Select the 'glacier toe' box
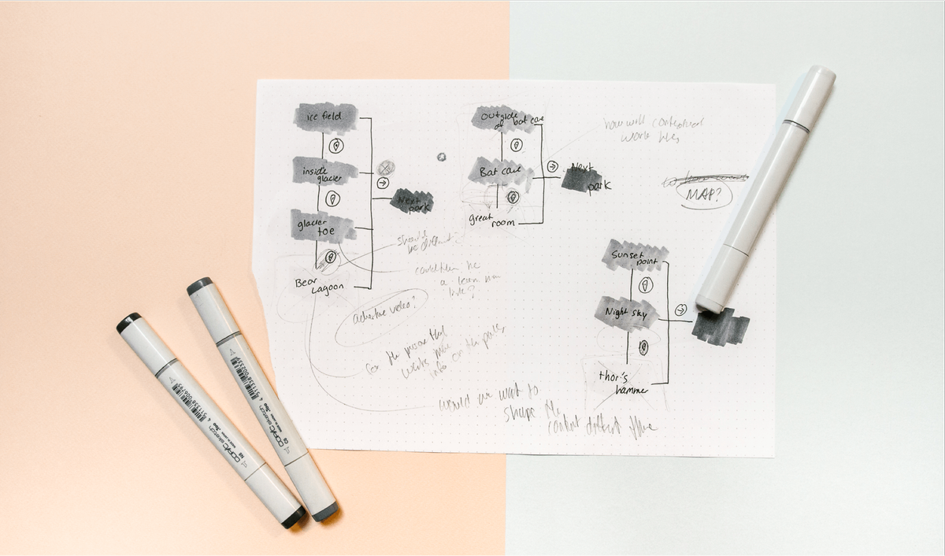[322, 227]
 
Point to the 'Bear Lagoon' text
[320, 285]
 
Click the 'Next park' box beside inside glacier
[412, 201]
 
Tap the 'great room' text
[492, 218]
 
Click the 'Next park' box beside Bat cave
[584, 179]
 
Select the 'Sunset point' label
[635, 255]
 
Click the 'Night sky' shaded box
[626, 313]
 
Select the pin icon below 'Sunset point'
[646, 285]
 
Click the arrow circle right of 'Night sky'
[681, 310]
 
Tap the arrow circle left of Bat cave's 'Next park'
[553, 166]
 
